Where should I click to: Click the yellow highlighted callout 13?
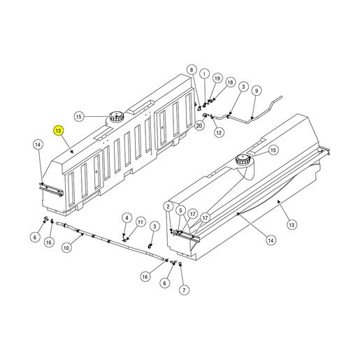point(58,131)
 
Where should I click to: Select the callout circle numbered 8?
point(192,70)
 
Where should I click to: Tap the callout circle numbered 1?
point(204,74)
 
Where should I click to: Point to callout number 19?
point(217,78)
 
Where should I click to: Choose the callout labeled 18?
point(230,82)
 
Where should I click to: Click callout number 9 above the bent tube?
point(257,91)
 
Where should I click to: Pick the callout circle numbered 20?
point(199,126)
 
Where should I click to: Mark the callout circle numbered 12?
point(219,133)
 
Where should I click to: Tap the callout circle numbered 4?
point(127,218)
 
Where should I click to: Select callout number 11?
point(141,222)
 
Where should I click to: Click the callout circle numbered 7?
point(184,290)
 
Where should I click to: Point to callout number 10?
point(66,247)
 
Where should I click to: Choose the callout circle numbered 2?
point(168,206)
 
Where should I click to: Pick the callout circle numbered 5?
point(180,210)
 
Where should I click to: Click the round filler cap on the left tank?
point(117,116)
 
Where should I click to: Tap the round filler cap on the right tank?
point(243,160)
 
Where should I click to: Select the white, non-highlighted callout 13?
point(291,225)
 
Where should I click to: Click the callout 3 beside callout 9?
point(243,87)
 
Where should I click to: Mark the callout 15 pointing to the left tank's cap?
point(79,116)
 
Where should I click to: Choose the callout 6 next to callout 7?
point(165,283)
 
